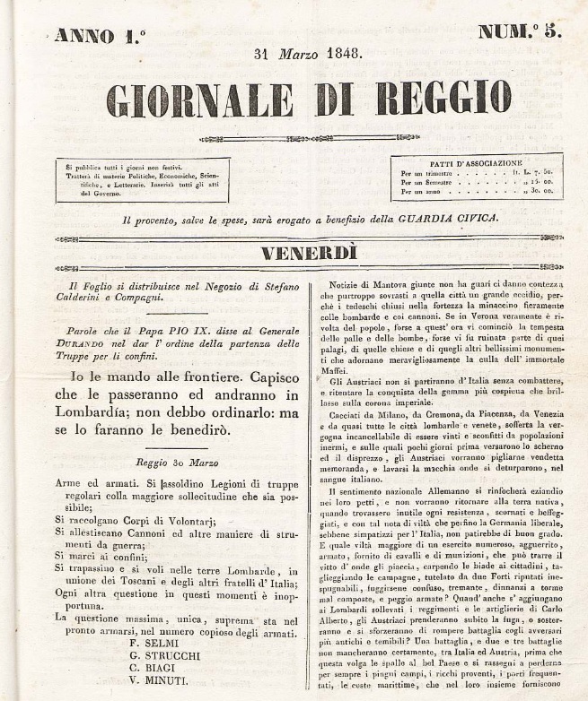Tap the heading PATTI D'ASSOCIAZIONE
tap(477, 162)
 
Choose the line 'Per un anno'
tap(420, 192)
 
